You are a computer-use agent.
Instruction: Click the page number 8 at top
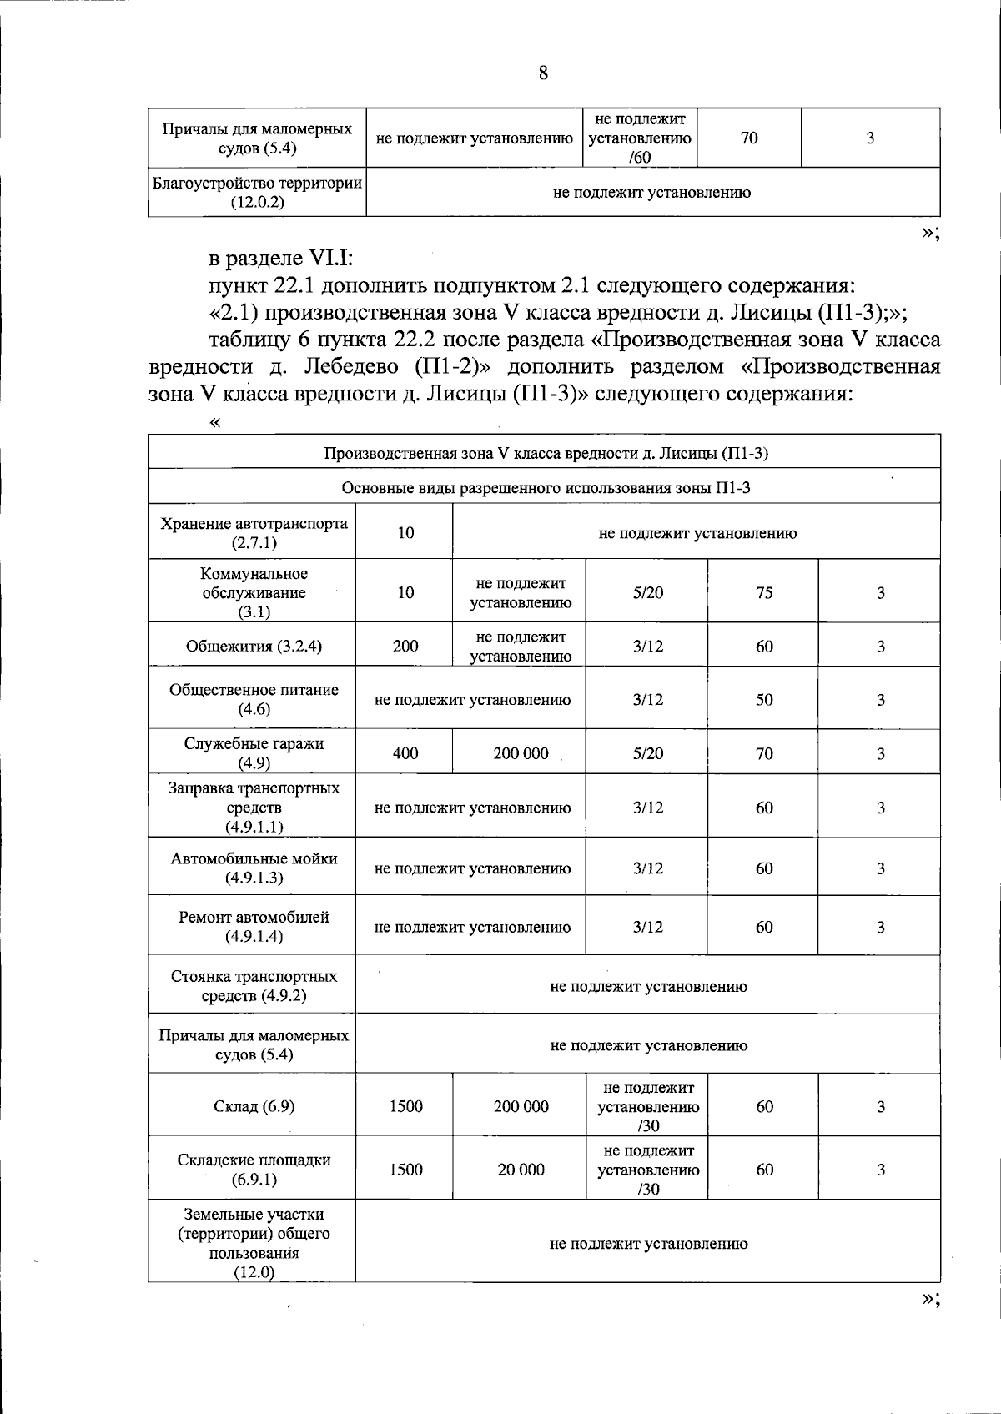(x=543, y=73)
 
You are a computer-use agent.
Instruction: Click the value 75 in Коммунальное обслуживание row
(x=764, y=592)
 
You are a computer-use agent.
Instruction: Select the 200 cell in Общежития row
(x=405, y=646)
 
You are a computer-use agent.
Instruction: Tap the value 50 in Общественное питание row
(x=764, y=700)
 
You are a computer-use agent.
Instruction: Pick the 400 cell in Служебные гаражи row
(x=405, y=753)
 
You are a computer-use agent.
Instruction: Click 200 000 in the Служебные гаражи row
(x=521, y=753)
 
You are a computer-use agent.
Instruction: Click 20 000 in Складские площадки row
(x=521, y=1170)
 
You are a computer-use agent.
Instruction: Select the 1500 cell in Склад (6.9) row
(x=405, y=1106)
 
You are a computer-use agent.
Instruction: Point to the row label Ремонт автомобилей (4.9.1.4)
(x=254, y=926)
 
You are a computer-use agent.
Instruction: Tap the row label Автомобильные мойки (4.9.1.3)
(x=254, y=868)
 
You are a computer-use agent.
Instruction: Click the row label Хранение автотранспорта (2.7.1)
(x=254, y=532)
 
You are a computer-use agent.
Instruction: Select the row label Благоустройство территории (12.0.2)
(x=257, y=192)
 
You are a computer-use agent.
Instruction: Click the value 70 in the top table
(x=749, y=138)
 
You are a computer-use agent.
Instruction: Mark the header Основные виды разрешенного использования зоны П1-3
(x=546, y=487)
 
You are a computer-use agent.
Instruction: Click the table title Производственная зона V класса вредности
(x=546, y=453)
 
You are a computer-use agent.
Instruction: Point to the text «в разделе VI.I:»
(x=282, y=259)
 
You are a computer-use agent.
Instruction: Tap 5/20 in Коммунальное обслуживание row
(x=647, y=592)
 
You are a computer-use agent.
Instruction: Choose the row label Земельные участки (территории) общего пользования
(x=254, y=1243)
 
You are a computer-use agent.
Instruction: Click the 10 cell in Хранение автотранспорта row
(x=405, y=532)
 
